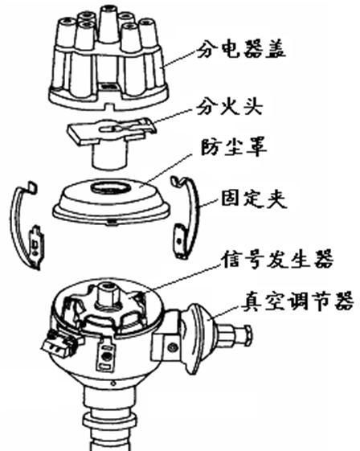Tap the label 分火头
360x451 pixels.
[x=230, y=107]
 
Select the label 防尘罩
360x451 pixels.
[x=233, y=147]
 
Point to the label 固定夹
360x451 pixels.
[x=254, y=198]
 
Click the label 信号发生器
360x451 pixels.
[x=276, y=259]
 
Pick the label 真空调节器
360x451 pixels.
[x=297, y=301]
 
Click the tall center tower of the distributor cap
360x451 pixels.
[x=109, y=26]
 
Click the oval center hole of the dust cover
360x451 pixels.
[x=110, y=187]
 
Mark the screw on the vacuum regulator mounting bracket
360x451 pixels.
[x=173, y=347]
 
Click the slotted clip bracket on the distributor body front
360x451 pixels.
[x=106, y=355]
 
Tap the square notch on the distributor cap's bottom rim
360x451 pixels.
[x=109, y=107]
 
